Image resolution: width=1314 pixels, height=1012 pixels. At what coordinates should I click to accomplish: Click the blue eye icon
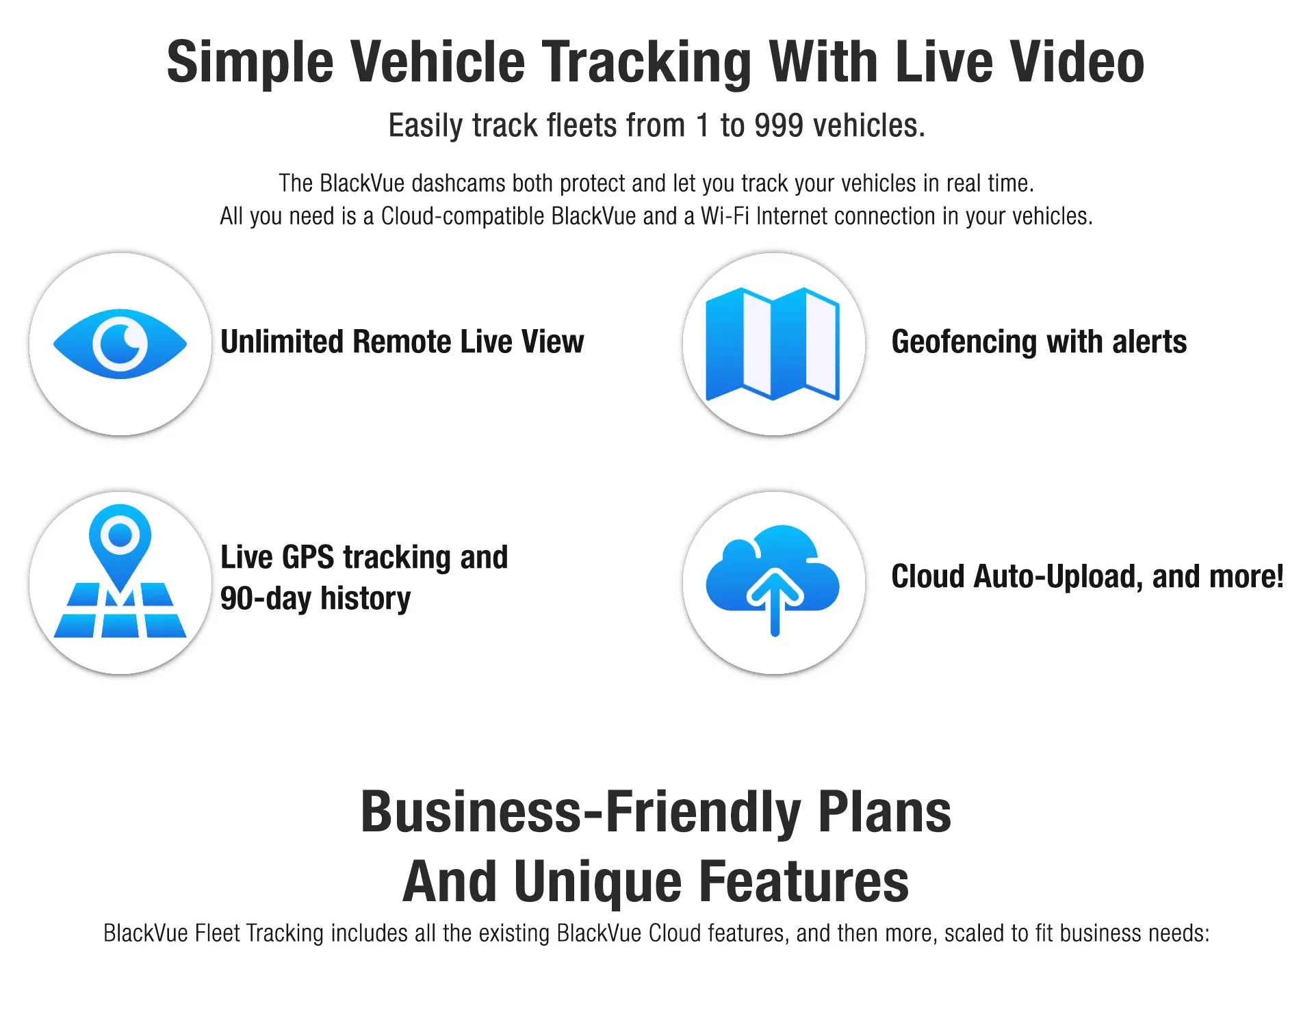tap(120, 343)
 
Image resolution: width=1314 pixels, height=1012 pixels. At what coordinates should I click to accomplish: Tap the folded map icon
tap(773, 343)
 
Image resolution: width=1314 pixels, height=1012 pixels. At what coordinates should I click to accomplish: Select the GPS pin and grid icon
tap(120, 572)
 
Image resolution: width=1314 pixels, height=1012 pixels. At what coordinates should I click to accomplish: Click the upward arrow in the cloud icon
tap(775, 599)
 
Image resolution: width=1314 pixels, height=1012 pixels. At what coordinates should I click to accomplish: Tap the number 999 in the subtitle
tap(778, 126)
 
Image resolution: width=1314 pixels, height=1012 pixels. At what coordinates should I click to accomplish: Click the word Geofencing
tap(964, 342)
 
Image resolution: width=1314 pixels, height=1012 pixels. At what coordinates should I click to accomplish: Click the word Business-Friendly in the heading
tap(581, 812)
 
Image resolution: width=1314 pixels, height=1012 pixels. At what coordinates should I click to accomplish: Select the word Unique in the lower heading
tap(597, 882)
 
